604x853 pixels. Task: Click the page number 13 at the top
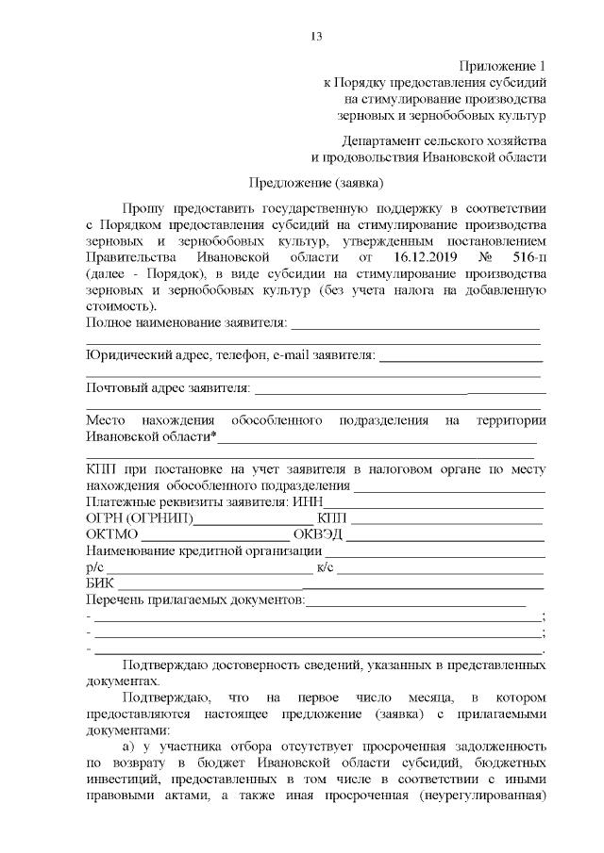316,37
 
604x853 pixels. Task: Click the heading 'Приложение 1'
502,65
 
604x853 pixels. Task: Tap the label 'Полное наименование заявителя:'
187,324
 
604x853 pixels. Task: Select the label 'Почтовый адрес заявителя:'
168,386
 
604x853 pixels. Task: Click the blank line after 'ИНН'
434,502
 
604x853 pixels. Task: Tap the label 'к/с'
324,566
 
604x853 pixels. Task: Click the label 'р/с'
94,566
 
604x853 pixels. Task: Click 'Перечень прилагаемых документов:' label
195,599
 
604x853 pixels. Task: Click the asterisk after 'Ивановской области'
214,435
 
